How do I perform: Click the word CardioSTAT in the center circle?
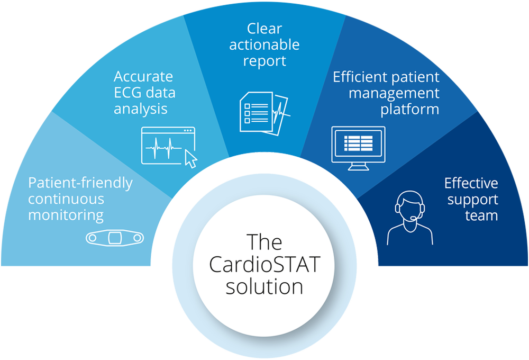(x=264, y=265)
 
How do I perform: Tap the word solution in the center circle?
(x=264, y=287)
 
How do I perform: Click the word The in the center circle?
(x=264, y=242)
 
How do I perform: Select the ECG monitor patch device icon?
(x=115, y=238)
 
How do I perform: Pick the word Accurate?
(x=143, y=77)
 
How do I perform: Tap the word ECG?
(x=126, y=93)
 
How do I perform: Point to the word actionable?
(x=264, y=44)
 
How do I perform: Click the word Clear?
(x=264, y=28)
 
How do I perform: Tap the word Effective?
(x=471, y=183)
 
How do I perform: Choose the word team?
(x=481, y=215)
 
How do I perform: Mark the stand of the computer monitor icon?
(x=358, y=167)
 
